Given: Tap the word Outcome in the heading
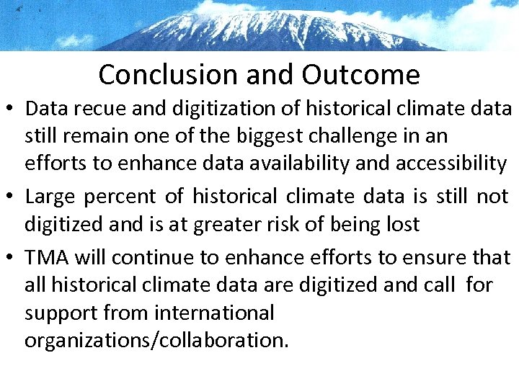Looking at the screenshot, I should click(361, 74).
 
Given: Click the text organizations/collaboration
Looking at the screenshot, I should click(156, 340).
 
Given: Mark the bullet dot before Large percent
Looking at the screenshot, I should click(12, 197).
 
